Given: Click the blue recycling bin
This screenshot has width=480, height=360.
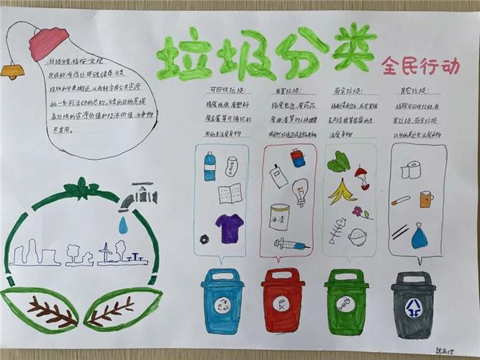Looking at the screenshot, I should tap(223, 300).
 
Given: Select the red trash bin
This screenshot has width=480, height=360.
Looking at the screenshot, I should tap(283, 300).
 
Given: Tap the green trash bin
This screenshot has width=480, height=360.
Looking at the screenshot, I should tap(346, 301).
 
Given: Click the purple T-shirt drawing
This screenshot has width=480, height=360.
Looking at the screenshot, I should tap(230, 228).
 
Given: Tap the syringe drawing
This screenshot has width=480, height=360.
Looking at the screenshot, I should tap(291, 245).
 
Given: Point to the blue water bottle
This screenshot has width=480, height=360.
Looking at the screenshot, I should tap(209, 166).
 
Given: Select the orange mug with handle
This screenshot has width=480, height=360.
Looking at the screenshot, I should tap(426, 199).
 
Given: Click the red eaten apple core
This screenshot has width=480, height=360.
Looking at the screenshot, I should tap(361, 178).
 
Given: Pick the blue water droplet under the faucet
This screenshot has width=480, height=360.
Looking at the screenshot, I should tap(123, 226).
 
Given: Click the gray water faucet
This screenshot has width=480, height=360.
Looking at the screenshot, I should tap(142, 194).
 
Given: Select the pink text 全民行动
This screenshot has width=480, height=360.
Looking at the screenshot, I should tap(420, 67).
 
